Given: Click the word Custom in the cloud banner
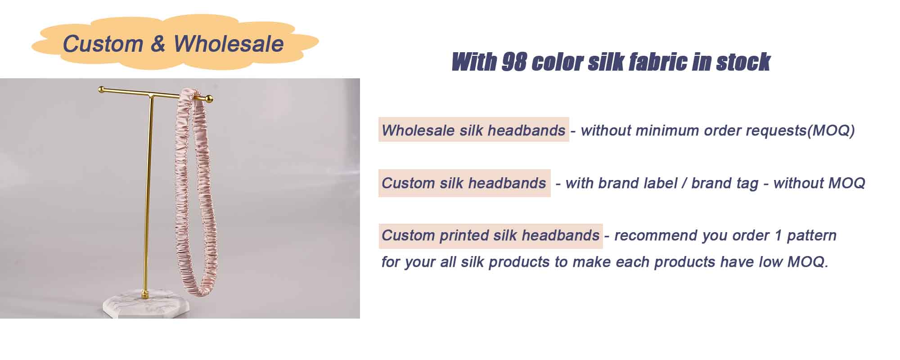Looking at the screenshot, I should point(103,44).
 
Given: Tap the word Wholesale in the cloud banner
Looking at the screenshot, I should point(229,44).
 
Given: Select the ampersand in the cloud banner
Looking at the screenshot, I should point(158,44).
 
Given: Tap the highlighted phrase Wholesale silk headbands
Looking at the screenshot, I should point(473,130).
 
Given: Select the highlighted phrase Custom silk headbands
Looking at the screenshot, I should point(464,183).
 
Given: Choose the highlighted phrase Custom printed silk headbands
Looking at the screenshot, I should point(490,235).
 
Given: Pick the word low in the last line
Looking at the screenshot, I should point(771,261).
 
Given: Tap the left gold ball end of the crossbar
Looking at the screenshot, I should point(102,89).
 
